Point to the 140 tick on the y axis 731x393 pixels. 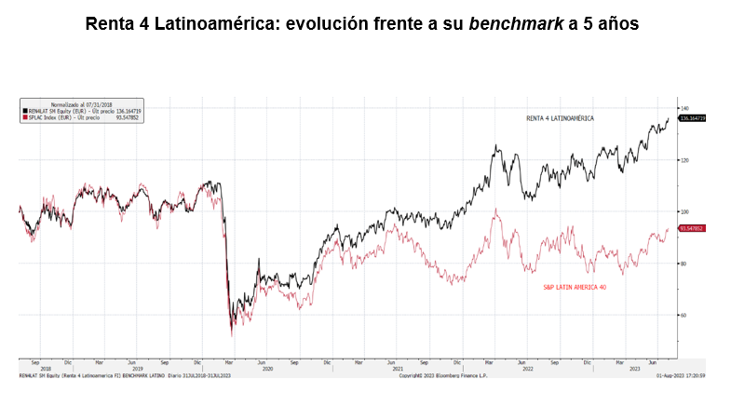tap(684, 108)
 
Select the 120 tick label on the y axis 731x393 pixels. tap(684, 160)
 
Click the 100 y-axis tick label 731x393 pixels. tap(684, 212)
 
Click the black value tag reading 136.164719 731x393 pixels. tap(693, 118)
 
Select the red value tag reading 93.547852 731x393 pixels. tap(692, 228)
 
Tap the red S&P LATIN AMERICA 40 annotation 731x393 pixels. tap(575, 287)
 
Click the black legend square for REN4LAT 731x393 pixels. tap(24, 111)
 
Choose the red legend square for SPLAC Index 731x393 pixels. tap(24, 117)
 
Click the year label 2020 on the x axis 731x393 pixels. tap(267, 369)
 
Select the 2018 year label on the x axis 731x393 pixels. tap(46, 369)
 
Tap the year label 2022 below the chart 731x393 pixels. tap(527, 369)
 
